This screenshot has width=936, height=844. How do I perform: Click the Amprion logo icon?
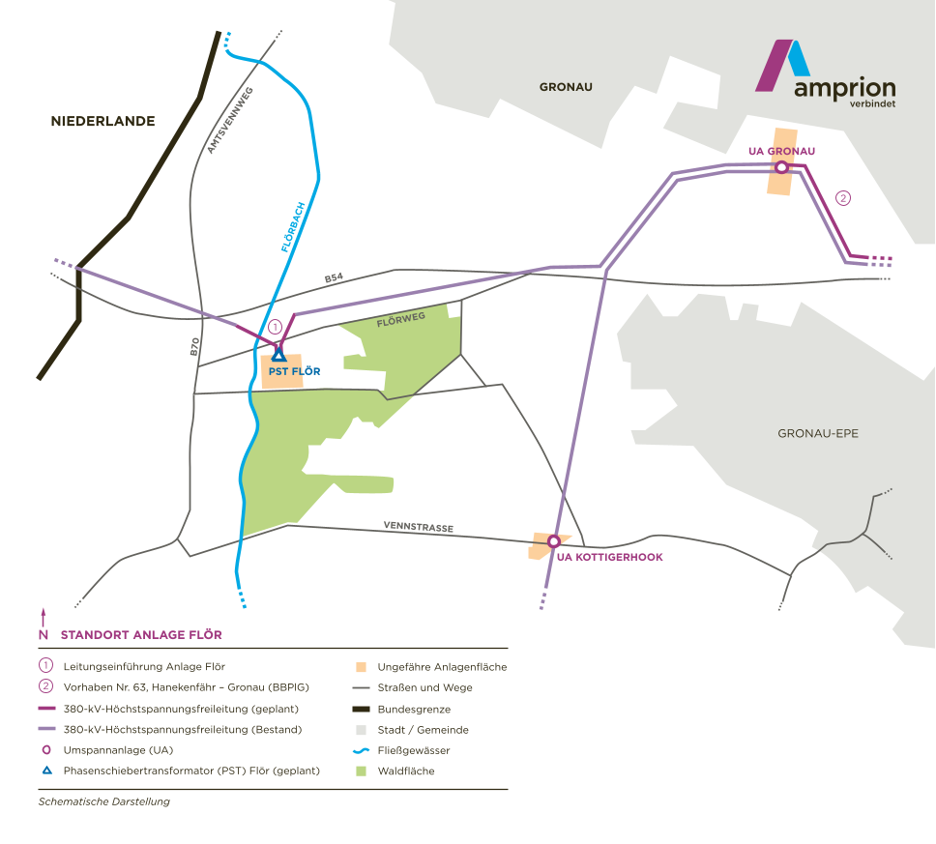point(782,64)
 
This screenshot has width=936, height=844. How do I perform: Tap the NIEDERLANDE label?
point(103,122)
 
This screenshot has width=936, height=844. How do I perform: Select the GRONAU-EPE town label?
point(817,433)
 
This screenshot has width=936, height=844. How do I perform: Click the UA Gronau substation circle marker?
point(781,167)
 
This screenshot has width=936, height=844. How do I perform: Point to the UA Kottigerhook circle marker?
point(554,540)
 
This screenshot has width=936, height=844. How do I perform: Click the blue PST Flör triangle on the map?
point(278,355)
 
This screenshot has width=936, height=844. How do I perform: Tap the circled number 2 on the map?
point(842,198)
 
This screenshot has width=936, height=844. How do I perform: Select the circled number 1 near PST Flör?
point(275,328)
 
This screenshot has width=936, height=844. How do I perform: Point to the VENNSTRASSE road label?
point(419,528)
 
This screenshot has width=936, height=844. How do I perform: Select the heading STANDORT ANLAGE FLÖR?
point(141,635)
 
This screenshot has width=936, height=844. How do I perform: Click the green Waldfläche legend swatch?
point(361,771)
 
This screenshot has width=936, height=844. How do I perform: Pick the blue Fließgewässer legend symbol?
point(361,750)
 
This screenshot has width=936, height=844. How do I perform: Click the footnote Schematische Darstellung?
point(97,801)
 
